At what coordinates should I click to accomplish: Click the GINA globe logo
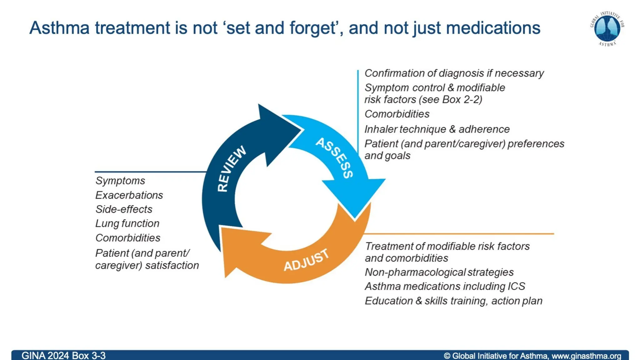click(607, 28)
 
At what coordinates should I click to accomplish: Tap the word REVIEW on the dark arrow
click(232, 169)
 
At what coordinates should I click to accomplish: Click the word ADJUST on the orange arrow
click(306, 260)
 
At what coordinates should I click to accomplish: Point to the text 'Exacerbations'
click(129, 195)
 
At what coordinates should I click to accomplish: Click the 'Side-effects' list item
click(124, 209)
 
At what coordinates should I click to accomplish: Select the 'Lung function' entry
click(127, 223)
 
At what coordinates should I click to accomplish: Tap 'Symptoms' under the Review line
click(120, 181)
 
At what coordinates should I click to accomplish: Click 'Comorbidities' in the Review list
click(128, 238)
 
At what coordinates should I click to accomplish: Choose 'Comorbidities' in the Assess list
click(397, 114)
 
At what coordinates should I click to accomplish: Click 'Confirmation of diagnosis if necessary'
click(454, 73)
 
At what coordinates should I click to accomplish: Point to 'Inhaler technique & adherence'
click(437, 129)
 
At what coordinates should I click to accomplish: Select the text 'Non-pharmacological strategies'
click(439, 272)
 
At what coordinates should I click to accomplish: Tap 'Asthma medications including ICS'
click(445, 287)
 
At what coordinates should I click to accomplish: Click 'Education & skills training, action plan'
click(453, 301)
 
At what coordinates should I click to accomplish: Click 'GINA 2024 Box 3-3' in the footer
click(63, 356)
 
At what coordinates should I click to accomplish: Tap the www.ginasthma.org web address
click(586, 356)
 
